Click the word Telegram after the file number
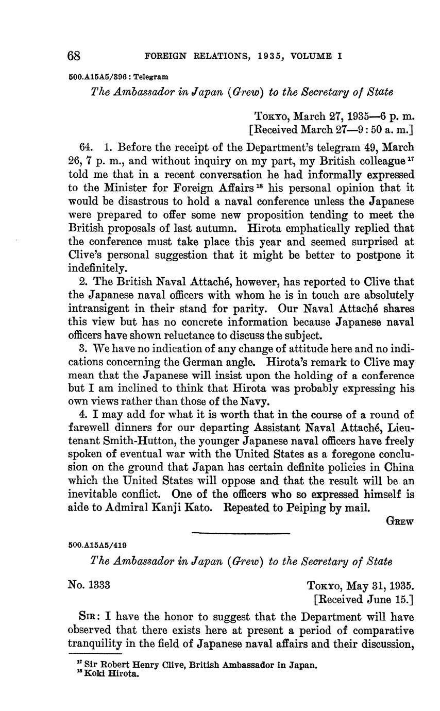pyautogui.click(x=151, y=77)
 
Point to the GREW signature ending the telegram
pyautogui.click(x=400, y=521)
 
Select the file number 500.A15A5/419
pyautogui.click(x=97, y=545)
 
